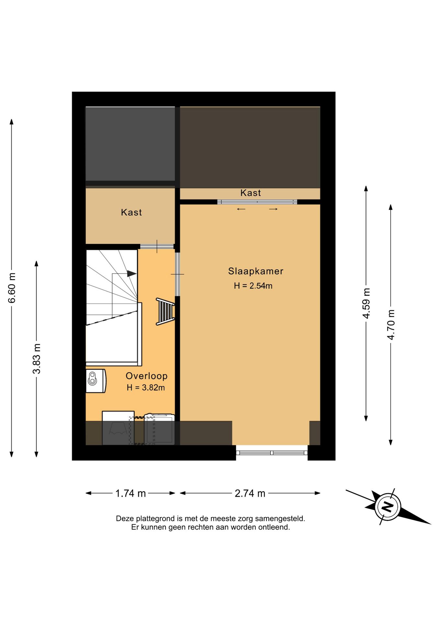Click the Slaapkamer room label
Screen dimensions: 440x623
coord(256,271)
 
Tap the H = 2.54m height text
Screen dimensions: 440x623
coord(253,286)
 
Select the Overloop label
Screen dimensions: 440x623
coord(146,376)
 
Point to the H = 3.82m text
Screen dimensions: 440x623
coord(146,387)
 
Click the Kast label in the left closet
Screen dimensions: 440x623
coord(131,212)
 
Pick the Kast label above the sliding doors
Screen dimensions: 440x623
coord(250,193)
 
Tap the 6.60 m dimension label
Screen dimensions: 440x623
coord(12,288)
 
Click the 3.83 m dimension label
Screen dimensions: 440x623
coord(37,359)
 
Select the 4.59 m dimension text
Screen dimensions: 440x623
coord(366,303)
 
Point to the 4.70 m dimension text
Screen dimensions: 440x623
coord(391,325)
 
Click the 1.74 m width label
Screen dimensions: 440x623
coord(131,494)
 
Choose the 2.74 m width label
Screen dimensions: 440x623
coord(250,494)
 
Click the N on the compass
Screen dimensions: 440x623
coord(388,507)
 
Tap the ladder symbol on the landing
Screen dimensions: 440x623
coord(166,311)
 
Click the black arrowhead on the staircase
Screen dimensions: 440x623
coord(132,274)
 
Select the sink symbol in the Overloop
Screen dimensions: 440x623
coord(96,381)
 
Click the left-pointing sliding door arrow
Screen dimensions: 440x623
coord(241,209)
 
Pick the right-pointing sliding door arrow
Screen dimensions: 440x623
coord(273,209)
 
